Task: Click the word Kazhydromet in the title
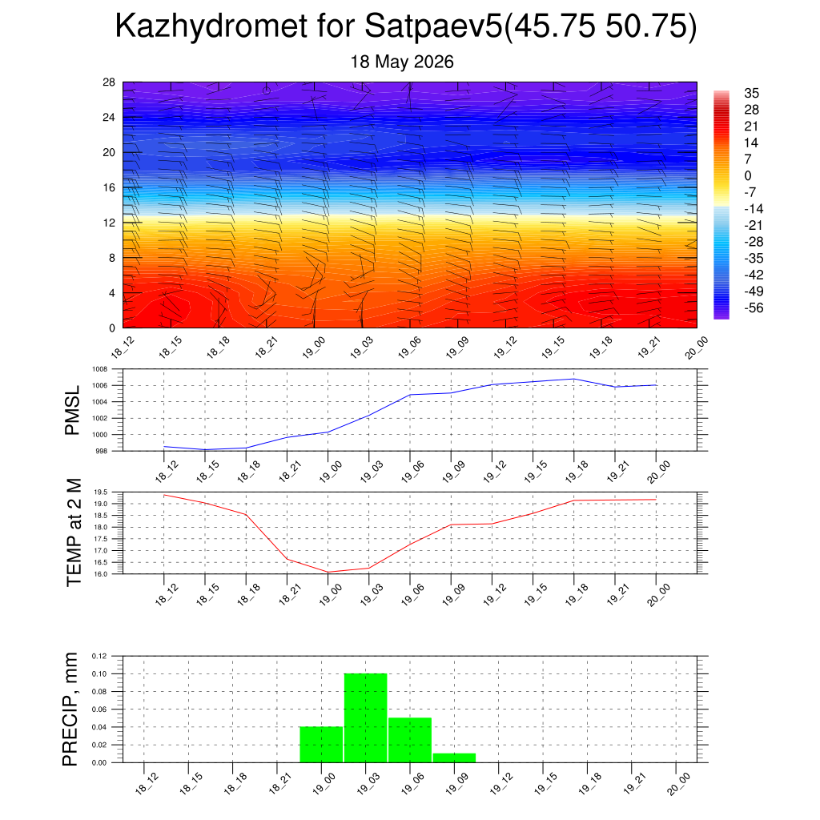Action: (x=211, y=26)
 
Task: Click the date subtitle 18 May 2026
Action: (x=402, y=62)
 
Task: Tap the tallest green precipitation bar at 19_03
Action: (x=365, y=717)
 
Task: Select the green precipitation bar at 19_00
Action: (x=321, y=744)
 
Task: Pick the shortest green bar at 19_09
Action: (x=454, y=758)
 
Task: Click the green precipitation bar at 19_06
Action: (x=410, y=740)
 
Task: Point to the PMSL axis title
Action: (x=72, y=410)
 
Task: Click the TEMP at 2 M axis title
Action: (x=74, y=533)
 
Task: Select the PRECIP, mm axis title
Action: (x=70, y=709)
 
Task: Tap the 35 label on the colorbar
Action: (x=751, y=93)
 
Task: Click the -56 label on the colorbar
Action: (x=754, y=307)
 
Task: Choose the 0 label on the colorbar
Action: (x=748, y=175)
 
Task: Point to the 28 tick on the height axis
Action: (x=109, y=82)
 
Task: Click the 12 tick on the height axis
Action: (x=109, y=223)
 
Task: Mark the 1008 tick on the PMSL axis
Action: (x=100, y=369)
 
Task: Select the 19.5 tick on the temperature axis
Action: (x=100, y=492)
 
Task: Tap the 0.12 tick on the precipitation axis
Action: (x=98, y=656)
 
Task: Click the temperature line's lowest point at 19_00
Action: (x=328, y=572)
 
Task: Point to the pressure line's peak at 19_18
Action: (x=573, y=379)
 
